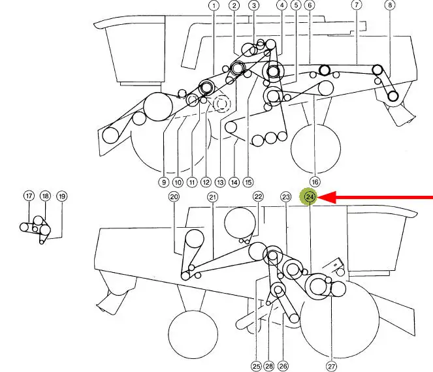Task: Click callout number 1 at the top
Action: click(214, 5)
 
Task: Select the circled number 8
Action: click(390, 5)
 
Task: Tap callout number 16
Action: click(315, 182)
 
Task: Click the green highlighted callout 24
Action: click(310, 196)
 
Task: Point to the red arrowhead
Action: click(327, 197)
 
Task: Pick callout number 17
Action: click(29, 196)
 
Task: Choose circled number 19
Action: click(62, 196)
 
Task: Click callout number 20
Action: click(174, 196)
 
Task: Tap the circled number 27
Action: click(331, 367)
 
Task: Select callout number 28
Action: click(269, 366)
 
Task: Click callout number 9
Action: click(164, 182)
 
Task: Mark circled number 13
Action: click(220, 182)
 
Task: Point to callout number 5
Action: click(296, 5)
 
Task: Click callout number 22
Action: click(258, 196)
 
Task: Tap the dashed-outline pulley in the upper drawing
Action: click(221, 104)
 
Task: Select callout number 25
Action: click(256, 366)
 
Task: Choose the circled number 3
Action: click(254, 5)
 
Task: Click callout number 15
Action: click(248, 182)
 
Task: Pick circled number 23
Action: click(286, 196)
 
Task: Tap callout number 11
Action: click(192, 182)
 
